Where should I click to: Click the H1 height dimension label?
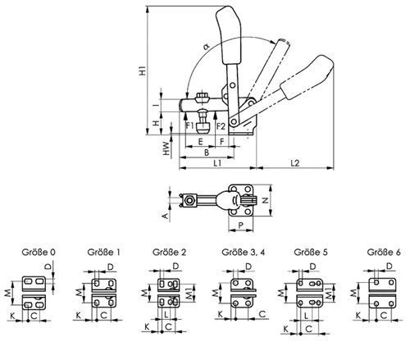[x=143, y=71]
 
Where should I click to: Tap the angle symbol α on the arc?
[x=207, y=47]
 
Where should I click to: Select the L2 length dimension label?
[x=295, y=163]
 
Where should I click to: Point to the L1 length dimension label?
[x=217, y=163]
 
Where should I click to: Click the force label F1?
[x=189, y=126]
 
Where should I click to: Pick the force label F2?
[x=221, y=126]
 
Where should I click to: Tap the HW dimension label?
[x=166, y=148]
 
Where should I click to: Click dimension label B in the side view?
[x=207, y=153]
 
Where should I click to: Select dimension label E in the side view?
[x=200, y=142]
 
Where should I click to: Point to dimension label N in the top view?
[x=265, y=200]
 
